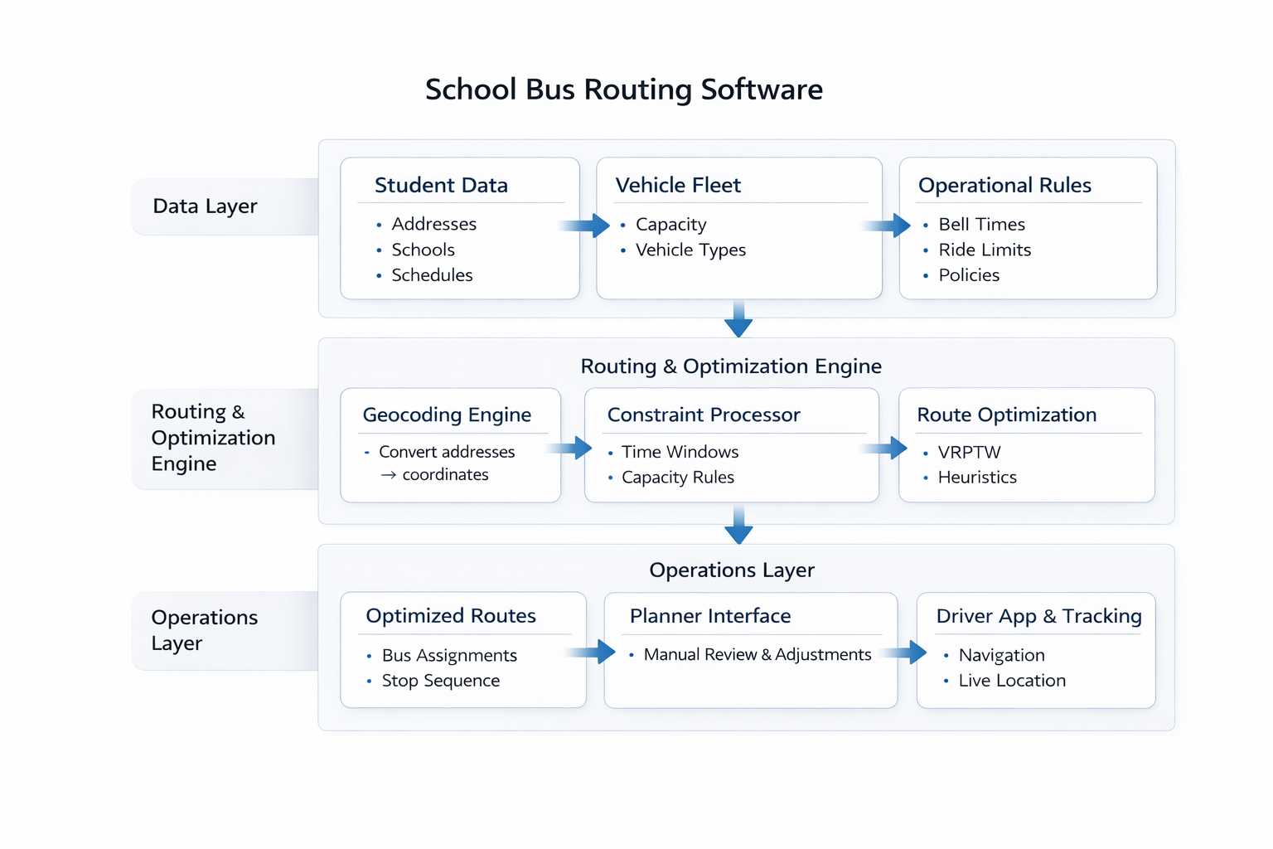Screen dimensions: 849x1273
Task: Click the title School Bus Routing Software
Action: [x=623, y=90]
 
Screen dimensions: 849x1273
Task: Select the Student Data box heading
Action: [x=441, y=185]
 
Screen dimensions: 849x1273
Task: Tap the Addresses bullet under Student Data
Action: [x=433, y=224]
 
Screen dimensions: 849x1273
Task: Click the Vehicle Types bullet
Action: [x=690, y=250]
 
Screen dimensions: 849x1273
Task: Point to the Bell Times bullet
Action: [x=981, y=224]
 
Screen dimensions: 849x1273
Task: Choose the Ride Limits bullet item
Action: [x=985, y=250]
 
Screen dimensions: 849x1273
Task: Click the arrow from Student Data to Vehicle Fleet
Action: [x=587, y=225]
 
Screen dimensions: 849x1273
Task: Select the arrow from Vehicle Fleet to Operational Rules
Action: [x=888, y=225]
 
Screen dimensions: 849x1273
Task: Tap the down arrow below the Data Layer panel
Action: [x=738, y=319]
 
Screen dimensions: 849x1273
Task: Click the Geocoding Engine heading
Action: [x=447, y=415]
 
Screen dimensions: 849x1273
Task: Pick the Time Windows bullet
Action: [x=680, y=452]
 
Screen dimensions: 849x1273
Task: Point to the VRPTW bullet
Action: [x=969, y=452]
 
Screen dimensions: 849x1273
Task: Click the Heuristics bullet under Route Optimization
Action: [x=976, y=478]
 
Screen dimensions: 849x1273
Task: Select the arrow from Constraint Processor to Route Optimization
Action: [x=885, y=449]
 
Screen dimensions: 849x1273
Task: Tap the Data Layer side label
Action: [x=205, y=206]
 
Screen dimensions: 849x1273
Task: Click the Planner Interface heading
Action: [x=710, y=616]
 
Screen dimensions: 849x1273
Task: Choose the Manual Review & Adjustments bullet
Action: [x=757, y=655]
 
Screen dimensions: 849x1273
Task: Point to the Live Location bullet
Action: [x=1012, y=681]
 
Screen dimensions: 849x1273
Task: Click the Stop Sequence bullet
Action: [x=440, y=681]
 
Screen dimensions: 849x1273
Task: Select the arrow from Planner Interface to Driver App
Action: [x=904, y=653]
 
